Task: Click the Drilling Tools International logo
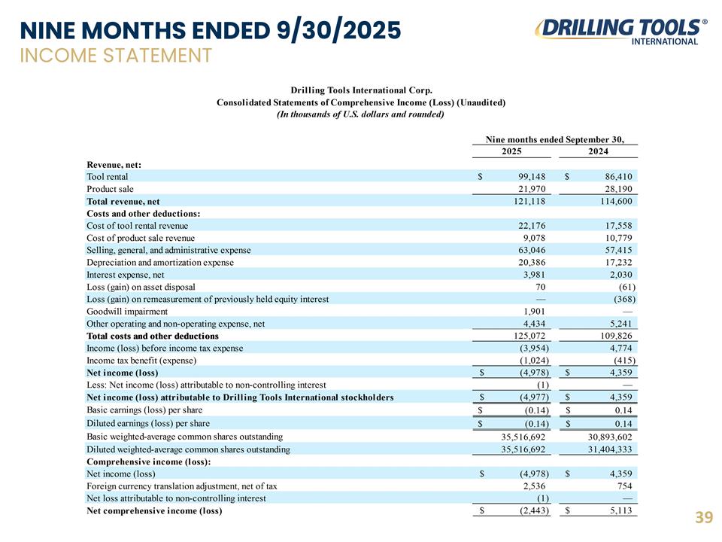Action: click(620, 31)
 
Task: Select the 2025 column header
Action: click(511, 151)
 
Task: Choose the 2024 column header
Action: click(599, 151)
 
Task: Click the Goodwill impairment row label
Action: click(127, 311)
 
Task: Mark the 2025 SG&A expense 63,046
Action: click(530, 249)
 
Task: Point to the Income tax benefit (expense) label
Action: click(148, 360)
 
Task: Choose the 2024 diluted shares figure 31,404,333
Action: click(607, 449)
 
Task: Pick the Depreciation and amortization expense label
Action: click(160, 262)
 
